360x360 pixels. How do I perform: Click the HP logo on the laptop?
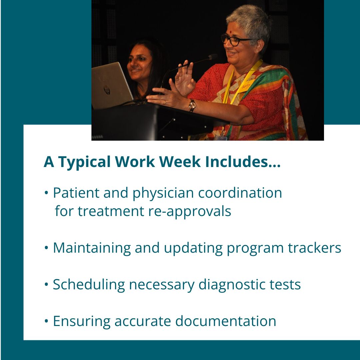(x=107, y=90)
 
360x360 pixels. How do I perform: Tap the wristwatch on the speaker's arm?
(x=192, y=105)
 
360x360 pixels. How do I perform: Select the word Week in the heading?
(x=180, y=162)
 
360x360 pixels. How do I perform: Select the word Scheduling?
(x=89, y=285)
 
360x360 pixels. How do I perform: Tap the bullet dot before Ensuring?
(x=46, y=321)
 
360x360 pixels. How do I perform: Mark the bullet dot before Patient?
(x=46, y=193)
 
